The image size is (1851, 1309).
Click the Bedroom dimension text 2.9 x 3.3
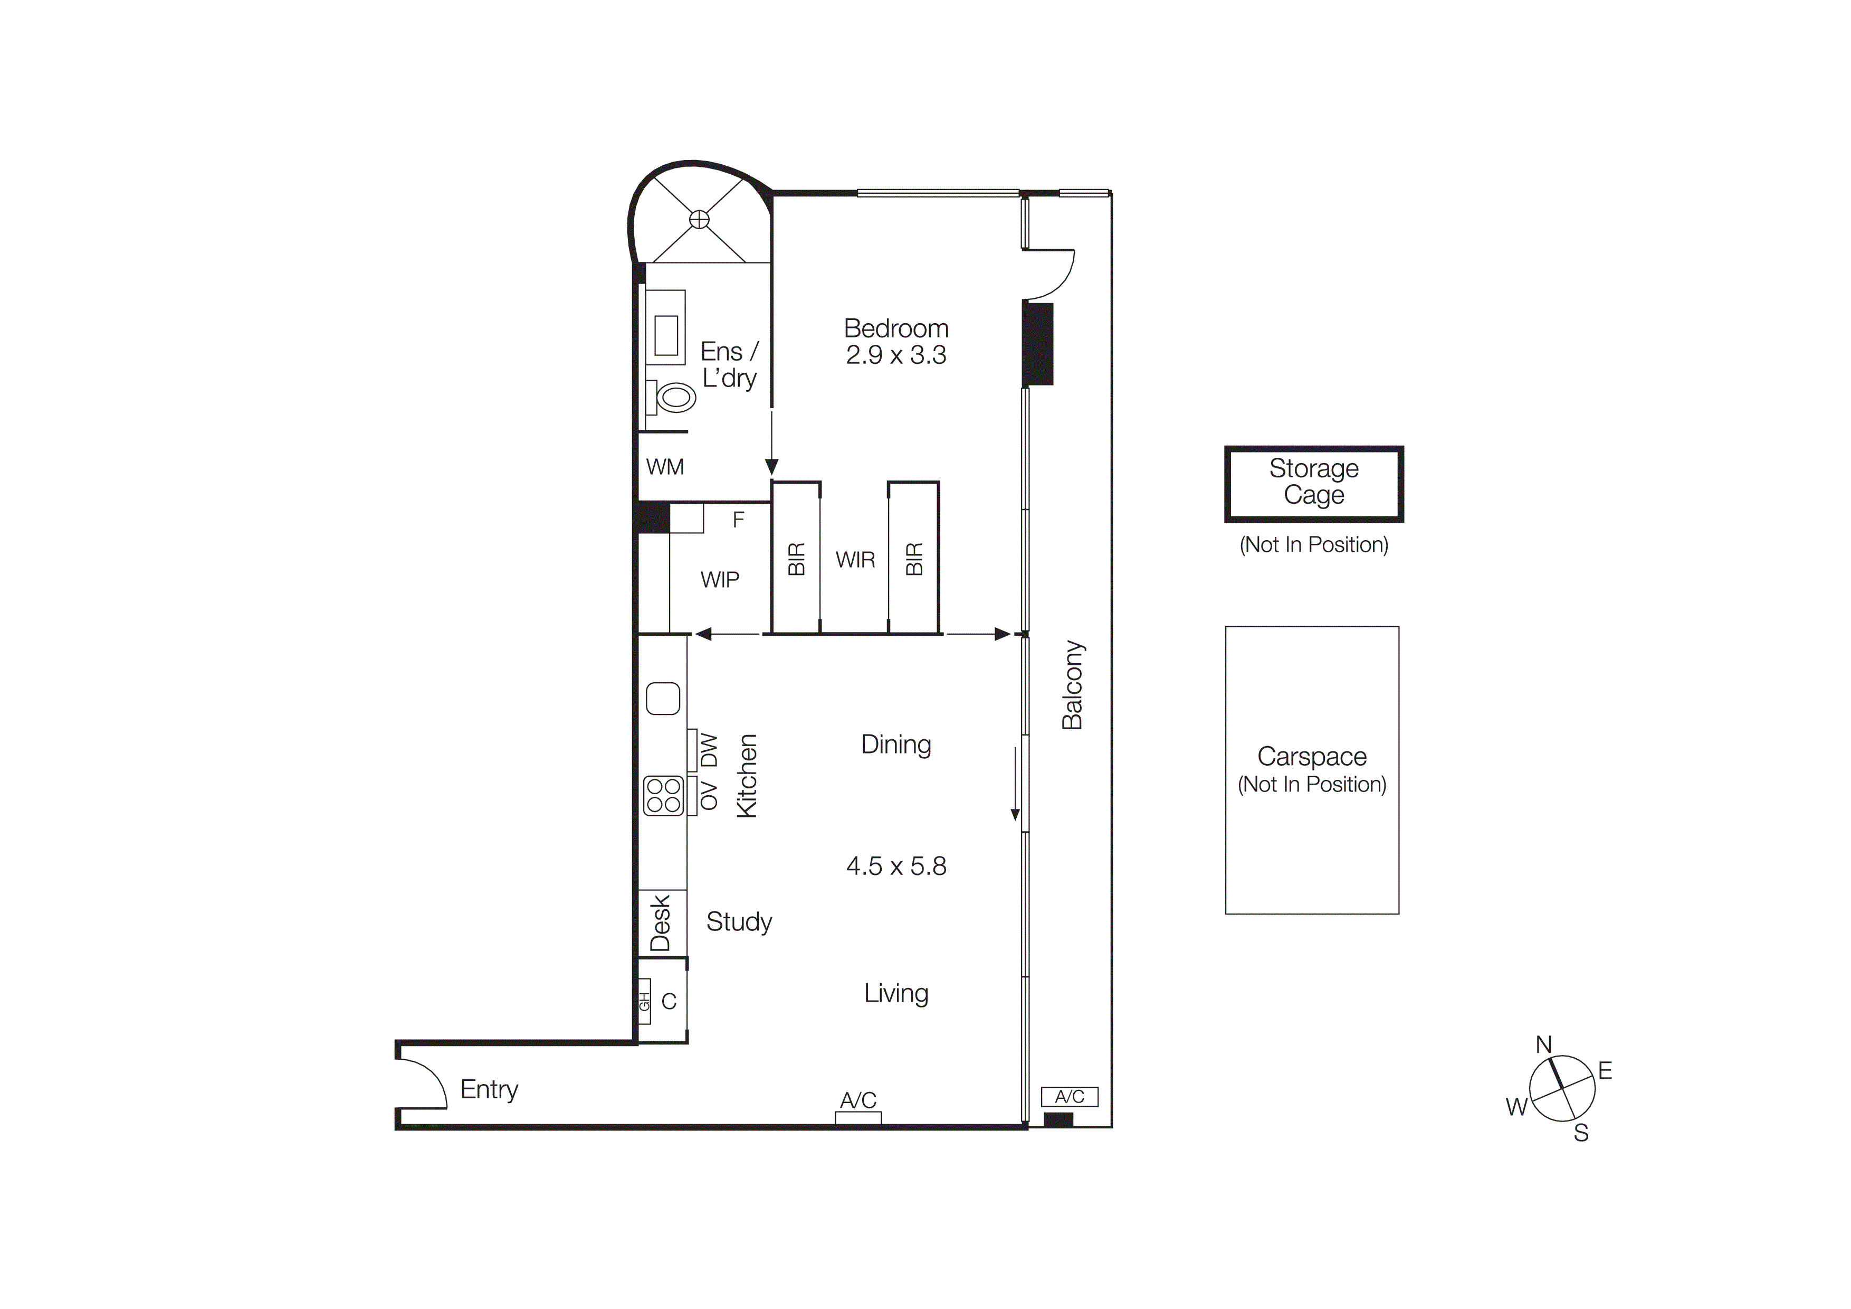pos(895,355)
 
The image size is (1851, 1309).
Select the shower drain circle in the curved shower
pos(699,219)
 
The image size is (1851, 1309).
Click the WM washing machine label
pos(664,467)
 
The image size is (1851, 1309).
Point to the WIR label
pos(855,560)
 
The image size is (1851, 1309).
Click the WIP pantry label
pos(719,580)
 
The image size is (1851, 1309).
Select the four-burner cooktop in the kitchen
pos(663,795)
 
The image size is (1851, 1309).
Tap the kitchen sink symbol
pos(663,699)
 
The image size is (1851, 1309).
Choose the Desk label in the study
pos(660,924)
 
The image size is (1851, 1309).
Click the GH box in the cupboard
pos(644,1002)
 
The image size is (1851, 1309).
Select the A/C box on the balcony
pos(1069,1097)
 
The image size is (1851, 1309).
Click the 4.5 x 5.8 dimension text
pos(895,866)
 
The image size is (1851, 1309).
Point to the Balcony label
pos(1072,685)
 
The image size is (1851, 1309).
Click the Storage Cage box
pos(1313,483)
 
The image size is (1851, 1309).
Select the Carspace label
pos(1312,757)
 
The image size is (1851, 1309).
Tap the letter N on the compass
pos(1543,1044)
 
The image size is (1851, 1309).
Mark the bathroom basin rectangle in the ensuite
pos(666,335)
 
